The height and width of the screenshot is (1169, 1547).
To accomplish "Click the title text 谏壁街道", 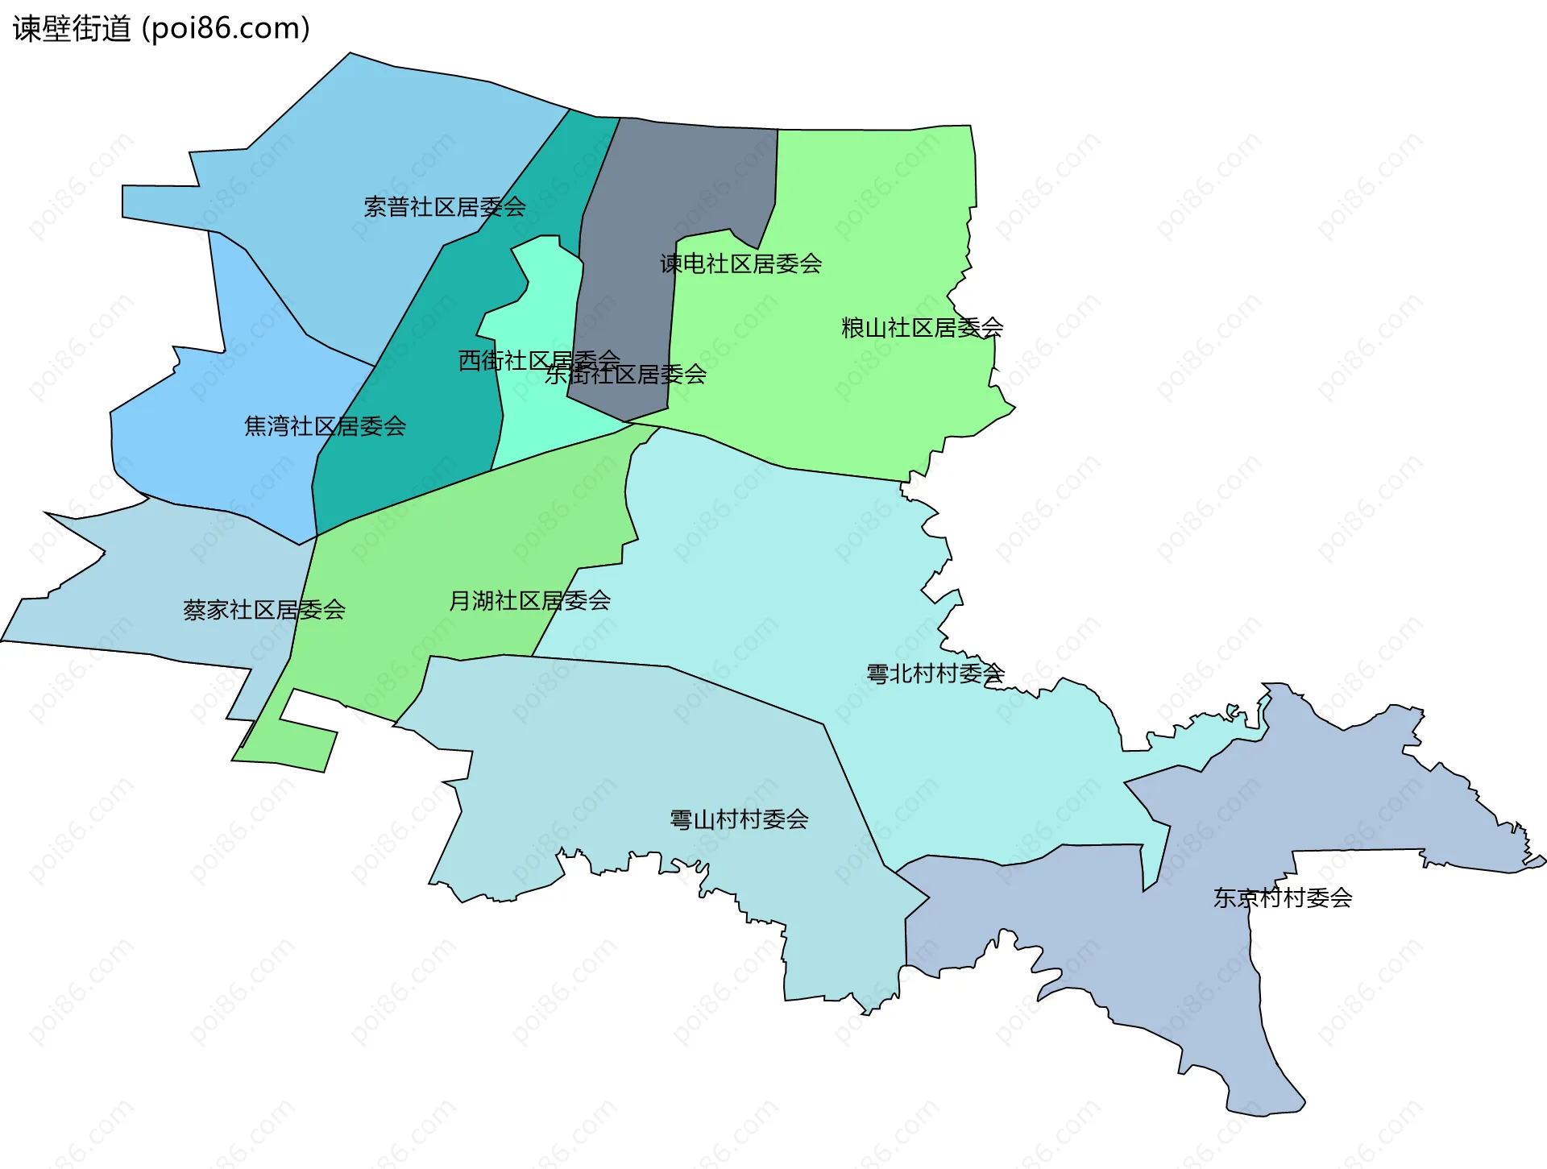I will (72, 29).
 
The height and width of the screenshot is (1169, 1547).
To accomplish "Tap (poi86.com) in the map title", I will (226, 29).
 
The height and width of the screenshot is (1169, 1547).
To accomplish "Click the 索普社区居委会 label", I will (445, 207).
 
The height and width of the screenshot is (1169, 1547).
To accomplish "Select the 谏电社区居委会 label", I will (740, 263).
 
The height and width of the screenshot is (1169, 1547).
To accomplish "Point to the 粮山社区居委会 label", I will (922, 328).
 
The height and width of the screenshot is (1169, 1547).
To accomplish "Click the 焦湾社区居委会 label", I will (325, 426).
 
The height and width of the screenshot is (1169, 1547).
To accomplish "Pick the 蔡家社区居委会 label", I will (264, 610).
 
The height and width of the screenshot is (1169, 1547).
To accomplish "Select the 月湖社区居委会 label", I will (529, 600).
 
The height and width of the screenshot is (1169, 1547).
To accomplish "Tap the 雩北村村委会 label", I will (935, 674).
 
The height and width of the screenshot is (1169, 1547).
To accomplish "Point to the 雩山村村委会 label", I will (739, 819).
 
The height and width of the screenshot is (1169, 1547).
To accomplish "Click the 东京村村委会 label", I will (1283, 897).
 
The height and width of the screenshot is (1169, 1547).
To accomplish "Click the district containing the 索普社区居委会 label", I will (363, 161).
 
